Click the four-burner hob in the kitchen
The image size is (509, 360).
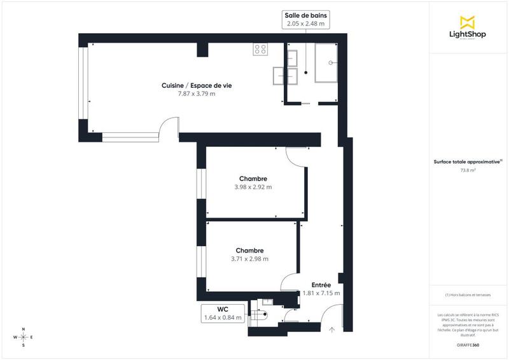coord(260,48)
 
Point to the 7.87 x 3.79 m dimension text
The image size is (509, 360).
coord(196,94)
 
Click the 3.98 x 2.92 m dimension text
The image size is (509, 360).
coord(253,187)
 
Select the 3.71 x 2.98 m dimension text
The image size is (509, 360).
coord(249,259)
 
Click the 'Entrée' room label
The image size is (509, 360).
coord(321,285)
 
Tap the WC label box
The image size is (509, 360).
coord(223,313)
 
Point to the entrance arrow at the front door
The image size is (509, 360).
coord(331,329)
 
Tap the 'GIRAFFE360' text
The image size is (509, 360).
coord(468,344)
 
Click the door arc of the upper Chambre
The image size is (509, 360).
coord(296,156)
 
